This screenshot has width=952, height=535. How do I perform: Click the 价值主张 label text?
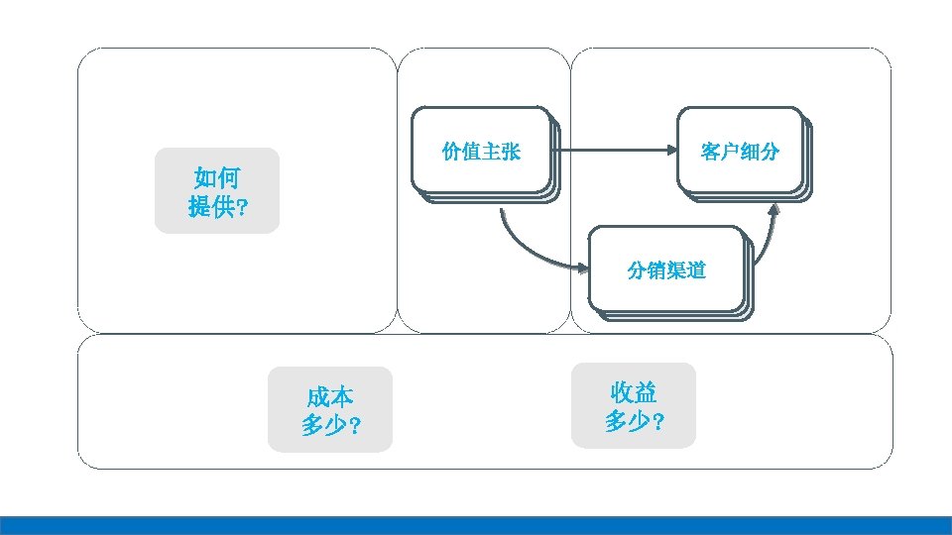coord(481,152)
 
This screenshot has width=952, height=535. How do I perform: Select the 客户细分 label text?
coord(740,152)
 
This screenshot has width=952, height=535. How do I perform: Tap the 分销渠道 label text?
coord(666,270)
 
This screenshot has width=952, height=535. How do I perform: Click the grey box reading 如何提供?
coord(217,191)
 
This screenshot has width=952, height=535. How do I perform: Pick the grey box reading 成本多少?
coord(330,410)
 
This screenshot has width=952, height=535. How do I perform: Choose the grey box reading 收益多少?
coord(635,405)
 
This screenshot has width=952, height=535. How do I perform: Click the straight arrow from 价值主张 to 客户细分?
coord(615,151)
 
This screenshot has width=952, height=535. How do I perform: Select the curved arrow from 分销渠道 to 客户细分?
coord(768,238)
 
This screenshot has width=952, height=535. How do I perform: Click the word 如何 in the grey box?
coord(217,178)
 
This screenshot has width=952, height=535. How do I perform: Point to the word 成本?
coord(330,397)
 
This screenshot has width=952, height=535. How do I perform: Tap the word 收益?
coord(635,392)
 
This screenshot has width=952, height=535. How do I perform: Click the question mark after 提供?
coord(243,209)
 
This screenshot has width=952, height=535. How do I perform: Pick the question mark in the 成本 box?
coord(355,427)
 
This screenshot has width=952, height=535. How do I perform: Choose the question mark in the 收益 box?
coord(658,422)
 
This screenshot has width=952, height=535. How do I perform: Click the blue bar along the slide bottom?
coord(476,525)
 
